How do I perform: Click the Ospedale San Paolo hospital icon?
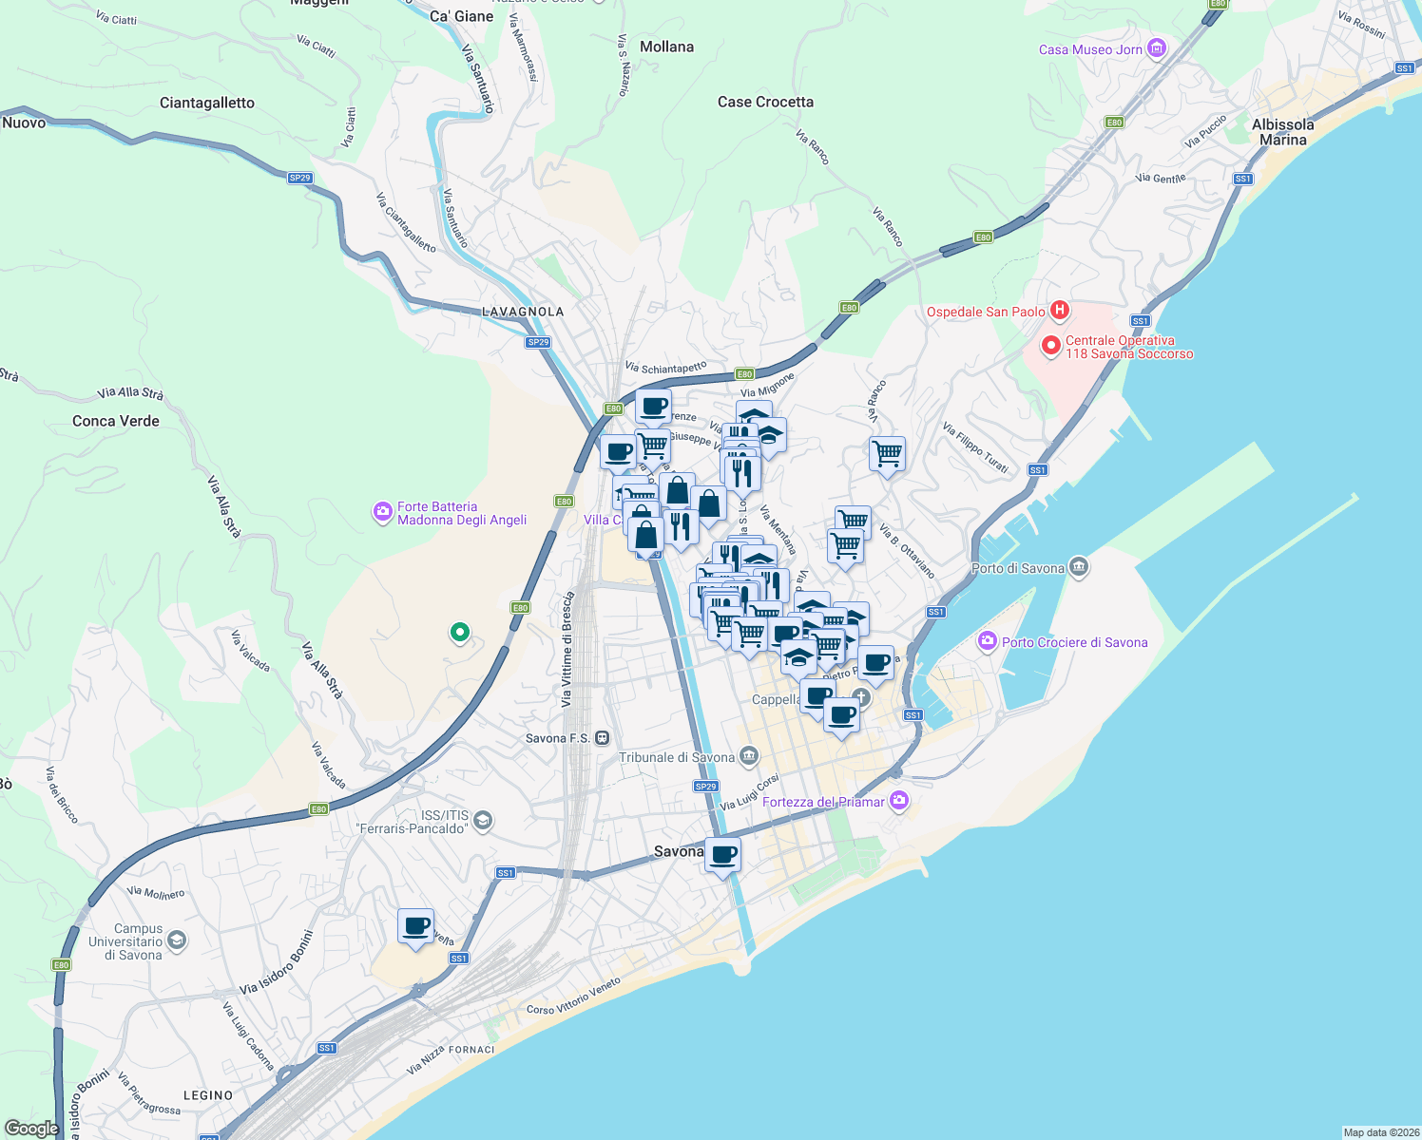pos(1060,311)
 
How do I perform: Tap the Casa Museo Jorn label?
pos(1090,49)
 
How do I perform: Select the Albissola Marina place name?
pos(1282,132)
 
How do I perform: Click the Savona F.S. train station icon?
pos(602,738)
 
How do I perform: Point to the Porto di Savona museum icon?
pos(1078,568)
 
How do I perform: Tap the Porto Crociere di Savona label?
pos(1074,642)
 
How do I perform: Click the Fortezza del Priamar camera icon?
pos(899,801)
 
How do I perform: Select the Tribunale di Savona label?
pos(677,757)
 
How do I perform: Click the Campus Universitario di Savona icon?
pos(176,940)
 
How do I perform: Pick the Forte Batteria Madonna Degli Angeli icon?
pos(382,512)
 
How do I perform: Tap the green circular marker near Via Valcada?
pos(460,632)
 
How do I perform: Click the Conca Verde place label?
pos(116,421)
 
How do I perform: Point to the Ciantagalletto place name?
pos(207,103)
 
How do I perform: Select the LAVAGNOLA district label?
pos(523,312)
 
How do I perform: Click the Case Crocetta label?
pos(765,102)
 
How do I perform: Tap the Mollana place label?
pos(666,47)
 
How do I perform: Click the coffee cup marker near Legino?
pos(415,926)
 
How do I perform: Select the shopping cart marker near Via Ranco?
pos(887,454)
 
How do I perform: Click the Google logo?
pos(31,1128)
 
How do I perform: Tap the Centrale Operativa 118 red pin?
pos(1050,347)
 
